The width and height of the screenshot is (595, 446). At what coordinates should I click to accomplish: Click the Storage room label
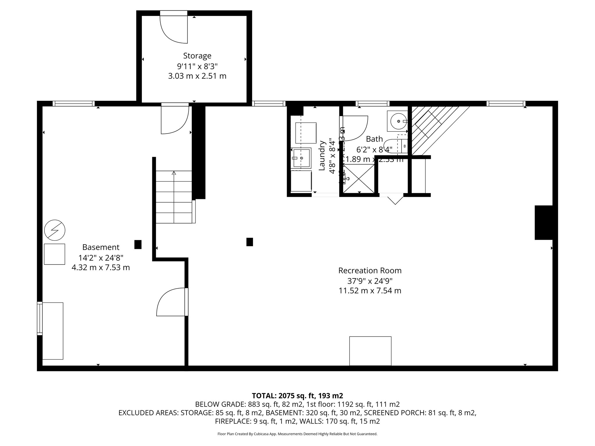tap(197, 55)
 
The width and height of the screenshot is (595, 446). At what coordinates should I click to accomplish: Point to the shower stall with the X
tap(359, 178)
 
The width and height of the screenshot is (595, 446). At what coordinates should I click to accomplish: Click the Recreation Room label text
tap(370, 270)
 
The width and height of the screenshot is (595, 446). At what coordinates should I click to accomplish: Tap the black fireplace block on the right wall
tap(543, 222)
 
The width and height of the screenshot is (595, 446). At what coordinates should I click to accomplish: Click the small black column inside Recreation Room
tap(249, 242)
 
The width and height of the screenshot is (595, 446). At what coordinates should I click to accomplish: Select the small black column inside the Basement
tap(138, 244)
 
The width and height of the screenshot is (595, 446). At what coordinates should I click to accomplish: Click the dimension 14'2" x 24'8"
tap(101, 258)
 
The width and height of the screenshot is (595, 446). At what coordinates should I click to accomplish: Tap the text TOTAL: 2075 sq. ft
tap(297, 396)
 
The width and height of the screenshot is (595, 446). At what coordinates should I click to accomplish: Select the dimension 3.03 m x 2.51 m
tap(197, 76)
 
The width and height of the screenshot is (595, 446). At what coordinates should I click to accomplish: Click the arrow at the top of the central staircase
tap(174, 173)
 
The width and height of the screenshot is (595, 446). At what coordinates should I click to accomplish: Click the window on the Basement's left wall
tap(40, 318)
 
